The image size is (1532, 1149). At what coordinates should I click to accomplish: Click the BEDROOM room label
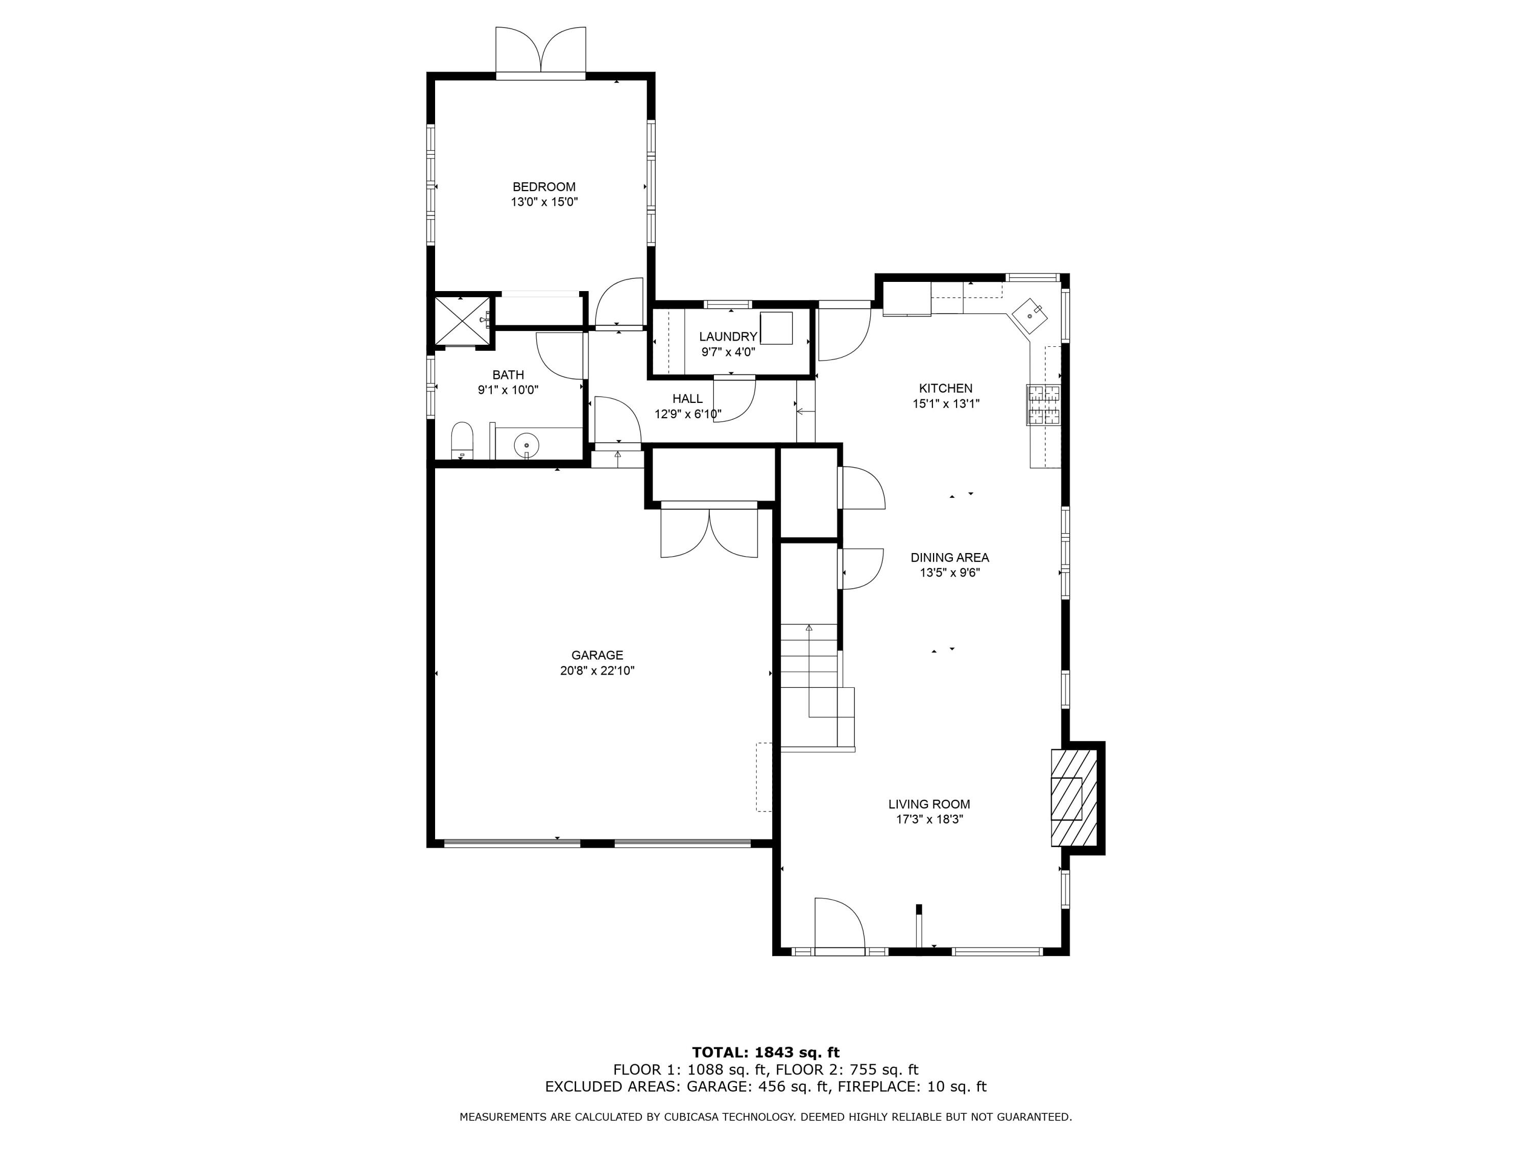point(544,187)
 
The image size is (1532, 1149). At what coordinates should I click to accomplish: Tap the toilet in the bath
point(462,441)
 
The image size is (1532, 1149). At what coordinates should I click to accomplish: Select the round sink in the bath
point(527,445)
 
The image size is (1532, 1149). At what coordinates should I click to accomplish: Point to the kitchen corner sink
point(1031,316)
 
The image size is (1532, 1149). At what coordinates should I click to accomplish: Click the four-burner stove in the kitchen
point(1044,405)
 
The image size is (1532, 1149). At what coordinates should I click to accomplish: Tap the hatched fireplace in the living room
point(1073,798)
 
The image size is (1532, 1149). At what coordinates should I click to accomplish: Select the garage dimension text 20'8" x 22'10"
point(597,671)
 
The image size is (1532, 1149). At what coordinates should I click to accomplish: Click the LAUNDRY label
point(728,337)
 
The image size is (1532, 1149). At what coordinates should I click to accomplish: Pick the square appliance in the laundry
point(776,328)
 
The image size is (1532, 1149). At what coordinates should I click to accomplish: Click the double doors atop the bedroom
point(541,52)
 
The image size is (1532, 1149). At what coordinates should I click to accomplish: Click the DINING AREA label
point(949,558)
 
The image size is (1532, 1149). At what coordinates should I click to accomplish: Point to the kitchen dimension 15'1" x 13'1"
point(946,404)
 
